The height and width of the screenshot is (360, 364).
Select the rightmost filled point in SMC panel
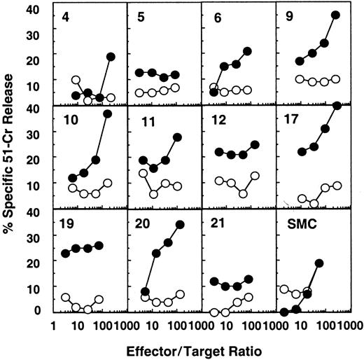319,263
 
